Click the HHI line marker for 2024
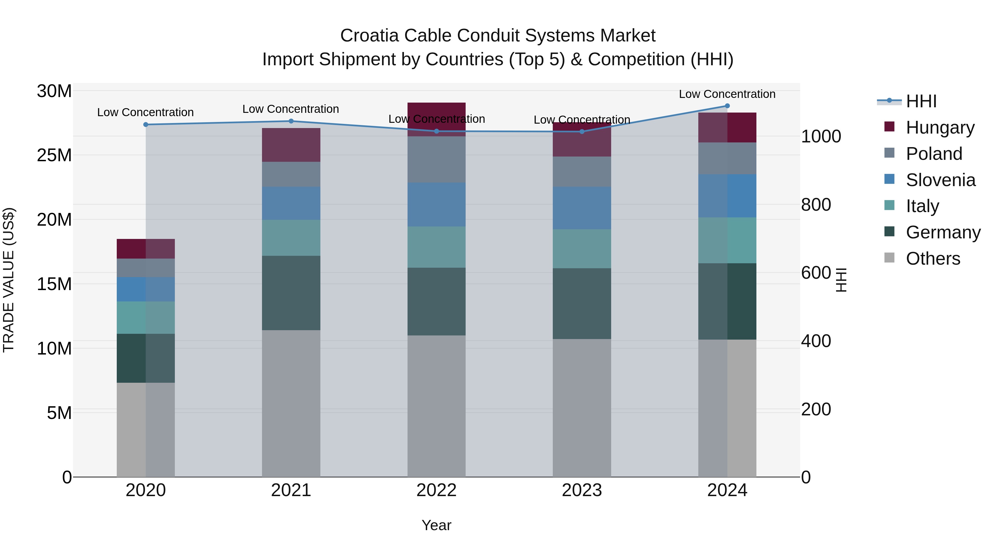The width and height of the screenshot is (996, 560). (x=727, y=106)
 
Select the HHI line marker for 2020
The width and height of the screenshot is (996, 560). (x=146, y=124)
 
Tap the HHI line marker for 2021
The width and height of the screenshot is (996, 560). (x=291, y=121)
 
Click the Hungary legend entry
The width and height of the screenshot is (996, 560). (x=940, y=127)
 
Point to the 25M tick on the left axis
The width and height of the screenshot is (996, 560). (x=54, y=155)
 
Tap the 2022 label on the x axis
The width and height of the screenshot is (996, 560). (x=437, y=490)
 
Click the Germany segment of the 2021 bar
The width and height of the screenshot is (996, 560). (x=291, y=293)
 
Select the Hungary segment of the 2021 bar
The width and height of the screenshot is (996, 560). (x=291, y=145)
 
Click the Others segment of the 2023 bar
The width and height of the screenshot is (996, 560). (x=582, y=408)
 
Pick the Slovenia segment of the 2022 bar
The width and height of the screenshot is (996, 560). (x=437, y=204)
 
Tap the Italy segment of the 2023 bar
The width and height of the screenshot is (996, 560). (x=582, y=249)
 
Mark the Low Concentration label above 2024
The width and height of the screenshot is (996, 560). (x=727, y=94)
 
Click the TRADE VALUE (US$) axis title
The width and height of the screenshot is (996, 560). (x=9, y=280)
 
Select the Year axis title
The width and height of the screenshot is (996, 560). (x=437, y=525)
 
